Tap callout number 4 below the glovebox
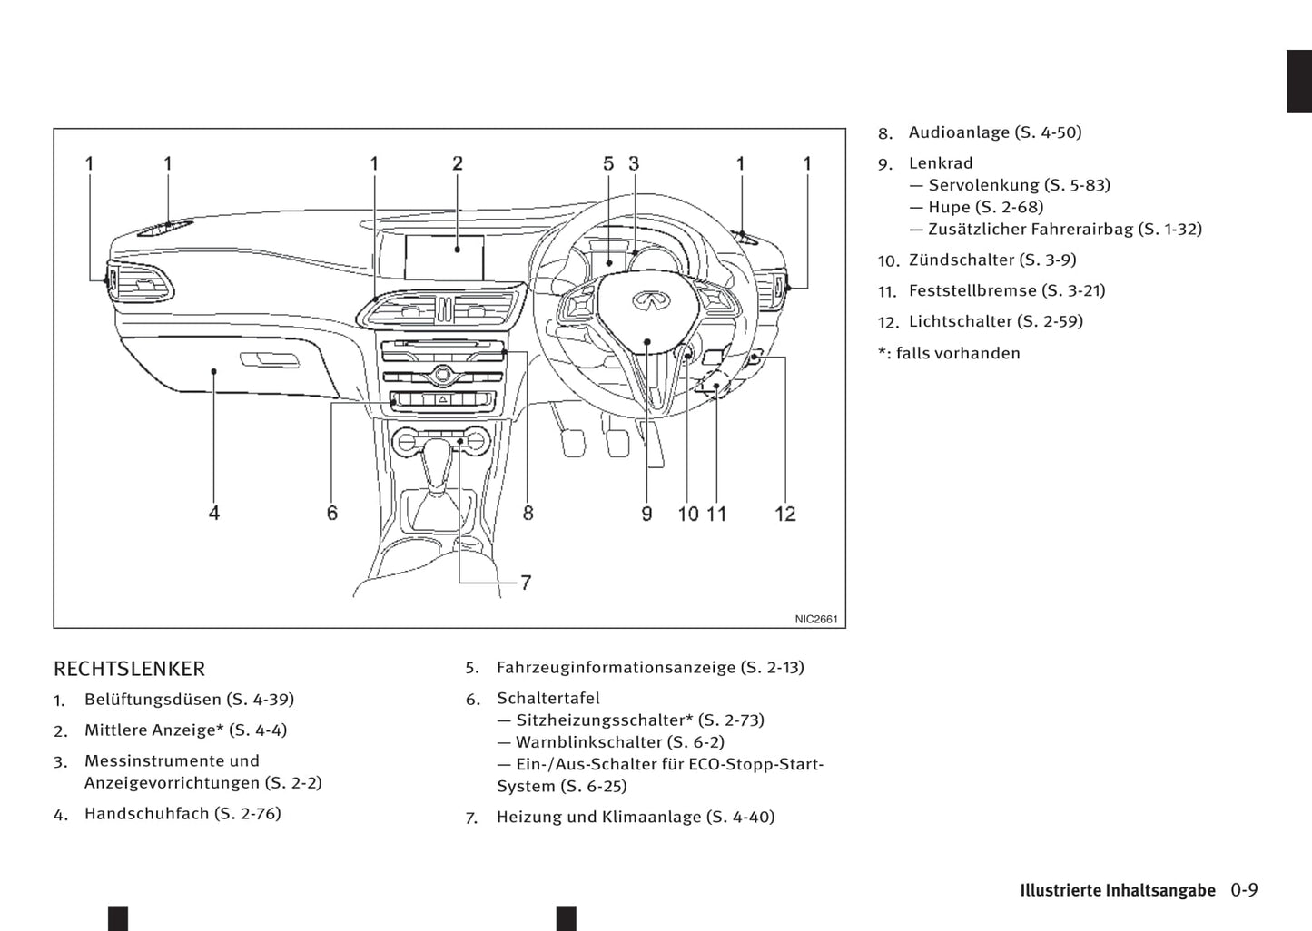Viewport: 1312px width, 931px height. coord(214,514)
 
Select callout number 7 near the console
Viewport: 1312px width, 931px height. coord(526,583)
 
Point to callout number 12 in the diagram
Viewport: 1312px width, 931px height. coord(785,514)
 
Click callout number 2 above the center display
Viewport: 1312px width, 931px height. coord(458,164)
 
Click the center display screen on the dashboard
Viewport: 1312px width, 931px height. coord(444,258)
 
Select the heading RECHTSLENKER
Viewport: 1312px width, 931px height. coord(129,669)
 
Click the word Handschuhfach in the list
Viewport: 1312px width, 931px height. coord(146,814)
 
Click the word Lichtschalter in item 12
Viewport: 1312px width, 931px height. coord(960,321)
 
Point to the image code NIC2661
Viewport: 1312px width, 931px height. coord(815,620)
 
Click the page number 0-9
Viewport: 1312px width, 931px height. coord(1244,890)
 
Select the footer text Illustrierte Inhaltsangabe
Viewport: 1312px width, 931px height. coord(1117,890)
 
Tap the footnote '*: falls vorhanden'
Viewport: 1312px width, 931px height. coord(949,354)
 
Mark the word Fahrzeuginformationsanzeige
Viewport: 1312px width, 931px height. coord(616,668)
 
